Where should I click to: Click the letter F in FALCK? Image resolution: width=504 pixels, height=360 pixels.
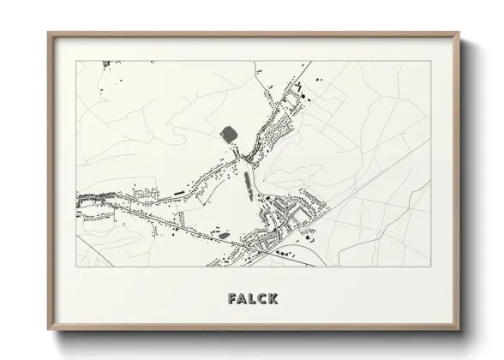click(x=233, y=298)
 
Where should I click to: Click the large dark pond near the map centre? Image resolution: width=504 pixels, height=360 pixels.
click(x=230, y=134)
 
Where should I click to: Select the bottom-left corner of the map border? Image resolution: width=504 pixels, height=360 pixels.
click(x=76, y=267)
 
